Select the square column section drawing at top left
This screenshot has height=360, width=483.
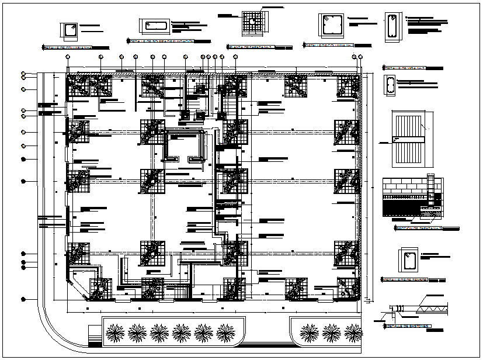(x=70, y=29)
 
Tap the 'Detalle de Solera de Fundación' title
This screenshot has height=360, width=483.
(x=161, y=41)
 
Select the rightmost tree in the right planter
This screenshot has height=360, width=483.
(x=353, y=333)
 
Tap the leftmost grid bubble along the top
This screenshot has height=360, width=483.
(x=69, y=57)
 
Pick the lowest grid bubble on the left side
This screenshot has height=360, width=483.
(x=23, y=299)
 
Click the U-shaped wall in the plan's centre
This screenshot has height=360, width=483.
(x=186, y=146)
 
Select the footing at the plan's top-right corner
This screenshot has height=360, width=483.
(x=349, y=86)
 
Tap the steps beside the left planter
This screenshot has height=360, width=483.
(x=94, y=338)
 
